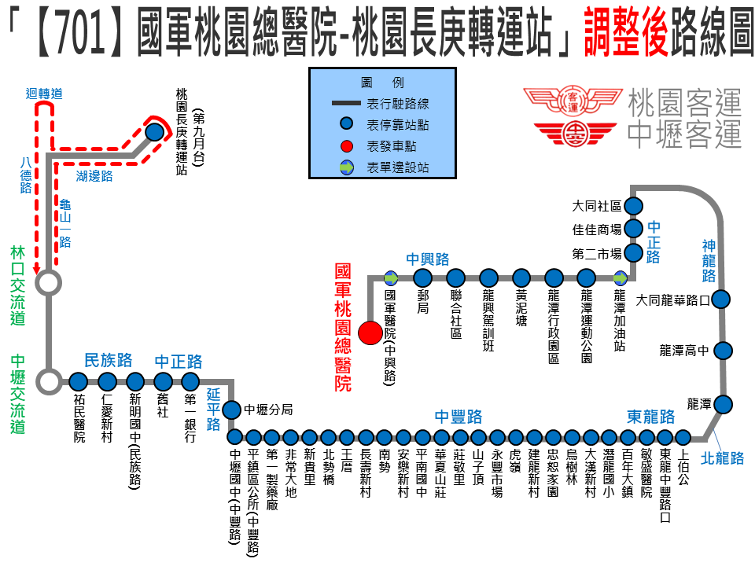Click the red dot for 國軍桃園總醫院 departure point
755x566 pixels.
coord(369,333)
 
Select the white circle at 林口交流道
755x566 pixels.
coord(49,282)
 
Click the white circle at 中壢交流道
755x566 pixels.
coord(49,383)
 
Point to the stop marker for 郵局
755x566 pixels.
coord(422,277)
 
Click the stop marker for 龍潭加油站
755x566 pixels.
coord(621,277)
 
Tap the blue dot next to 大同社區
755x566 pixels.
coord(634,206)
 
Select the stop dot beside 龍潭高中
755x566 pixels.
coord(723,351)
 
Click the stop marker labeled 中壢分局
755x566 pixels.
coord(231,410)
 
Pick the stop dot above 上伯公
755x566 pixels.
coord(683,437)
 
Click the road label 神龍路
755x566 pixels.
coord(709,261)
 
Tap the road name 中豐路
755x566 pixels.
coord(459,417)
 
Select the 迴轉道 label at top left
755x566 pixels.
coord(44,94)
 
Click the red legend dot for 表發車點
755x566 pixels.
coord(346,146)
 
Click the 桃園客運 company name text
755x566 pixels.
coord(685,103)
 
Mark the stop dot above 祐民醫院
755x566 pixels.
coord(78,383)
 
